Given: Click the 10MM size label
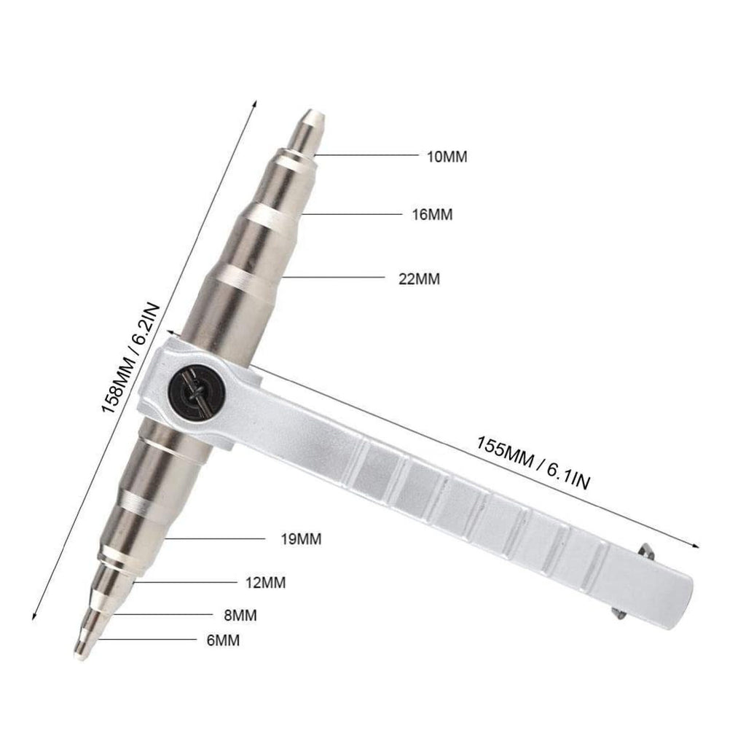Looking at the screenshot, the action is pyautogui.click(x=447, y=157).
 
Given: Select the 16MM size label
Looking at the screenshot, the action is pyautogui.click(x=432, y=215).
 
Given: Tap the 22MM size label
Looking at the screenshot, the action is pyautogui.click(x=419, y=279).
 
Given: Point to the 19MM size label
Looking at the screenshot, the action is pyautogui.click(x=301, y=539).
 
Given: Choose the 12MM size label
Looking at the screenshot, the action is pyautogui.click(x=265, y=582).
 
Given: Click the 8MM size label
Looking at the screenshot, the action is pyautogui.click(x=240, y=615).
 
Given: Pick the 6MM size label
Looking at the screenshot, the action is pyautogui.click(x=223, y=640).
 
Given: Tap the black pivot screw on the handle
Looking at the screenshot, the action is pyautogui.click(x=196, y=392).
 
